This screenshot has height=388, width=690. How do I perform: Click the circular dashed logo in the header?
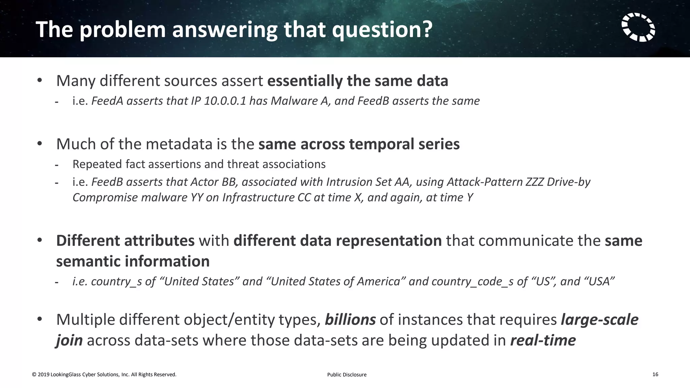(x=638, y=27)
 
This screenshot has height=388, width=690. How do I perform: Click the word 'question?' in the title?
(x=382, y=30)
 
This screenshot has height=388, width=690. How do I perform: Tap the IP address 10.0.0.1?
(x=225, y=101)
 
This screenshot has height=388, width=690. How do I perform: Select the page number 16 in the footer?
(x=655, y=374)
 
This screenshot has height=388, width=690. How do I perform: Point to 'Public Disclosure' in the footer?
(x=347, y=375)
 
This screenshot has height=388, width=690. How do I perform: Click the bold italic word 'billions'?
(x=350, y=319)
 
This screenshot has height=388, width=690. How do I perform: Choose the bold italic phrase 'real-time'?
(x=543, y=340)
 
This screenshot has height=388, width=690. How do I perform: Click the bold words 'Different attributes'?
(x=125, y=240)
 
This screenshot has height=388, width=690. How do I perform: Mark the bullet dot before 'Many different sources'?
(x=40, y=80)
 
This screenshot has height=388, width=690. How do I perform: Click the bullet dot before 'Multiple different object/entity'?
(x=40, y=319)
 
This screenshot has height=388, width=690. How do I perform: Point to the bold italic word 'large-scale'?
(x=599, y=319)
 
